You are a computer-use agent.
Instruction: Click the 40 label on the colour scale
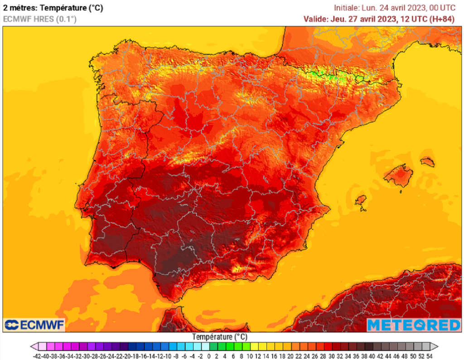[x=372, y=356]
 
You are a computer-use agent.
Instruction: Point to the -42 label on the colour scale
[x=38, y=356]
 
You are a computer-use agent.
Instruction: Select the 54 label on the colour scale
[x=429, y=356]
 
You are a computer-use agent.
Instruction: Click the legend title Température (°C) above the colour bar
[x=220, y=337]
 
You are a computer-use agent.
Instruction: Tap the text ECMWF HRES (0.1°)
[x=40, y=19]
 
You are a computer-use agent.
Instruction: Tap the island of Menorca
[x=427, y=161]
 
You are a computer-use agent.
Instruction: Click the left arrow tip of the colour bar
[x=32, y=346]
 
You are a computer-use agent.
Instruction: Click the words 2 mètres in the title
[x=18, y=7]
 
